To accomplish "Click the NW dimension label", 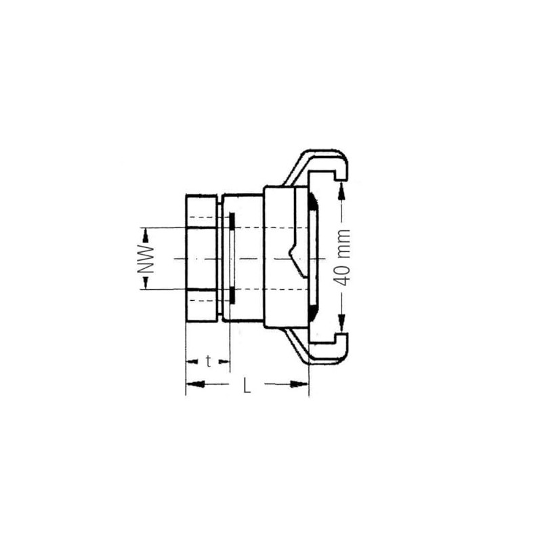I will click(146, 259).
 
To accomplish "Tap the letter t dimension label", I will click(208, 361).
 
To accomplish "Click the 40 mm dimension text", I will click(344, 257).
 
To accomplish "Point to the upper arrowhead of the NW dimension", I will click(146, 232).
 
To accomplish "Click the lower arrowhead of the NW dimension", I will click(146, 284).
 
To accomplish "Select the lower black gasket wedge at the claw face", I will click(311, 312).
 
